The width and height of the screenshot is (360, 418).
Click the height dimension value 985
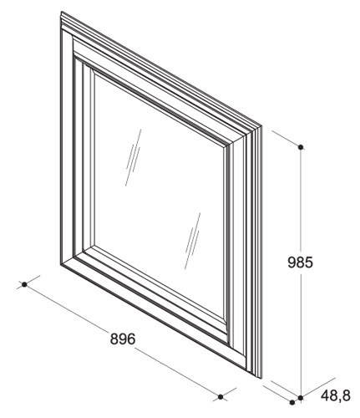point(300,263)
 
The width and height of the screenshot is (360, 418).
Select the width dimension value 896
point(123,339)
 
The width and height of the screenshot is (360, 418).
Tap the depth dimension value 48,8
point(335,395)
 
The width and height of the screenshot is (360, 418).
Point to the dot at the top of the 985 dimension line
point(301,146)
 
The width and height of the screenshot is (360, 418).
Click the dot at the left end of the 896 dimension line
point(24,284)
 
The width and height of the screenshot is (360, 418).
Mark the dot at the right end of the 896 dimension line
point(221,396)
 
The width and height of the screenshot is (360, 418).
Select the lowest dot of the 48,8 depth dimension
point(292,402)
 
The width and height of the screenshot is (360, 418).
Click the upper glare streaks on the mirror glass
point(134,157)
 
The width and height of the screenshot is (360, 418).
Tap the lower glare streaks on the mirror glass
point(193,241)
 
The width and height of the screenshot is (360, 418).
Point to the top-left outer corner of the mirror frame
point(61,12)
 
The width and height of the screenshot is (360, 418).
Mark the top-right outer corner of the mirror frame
point(261,126)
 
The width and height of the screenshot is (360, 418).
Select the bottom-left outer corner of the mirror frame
point(61,263)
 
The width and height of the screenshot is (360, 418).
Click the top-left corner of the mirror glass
point(94,74)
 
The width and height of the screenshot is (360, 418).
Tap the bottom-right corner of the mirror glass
point(223,320)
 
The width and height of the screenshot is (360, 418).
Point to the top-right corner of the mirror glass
point(223,148)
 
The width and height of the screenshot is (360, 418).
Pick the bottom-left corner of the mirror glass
point(94,246)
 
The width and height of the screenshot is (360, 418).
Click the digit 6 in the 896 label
point(131,339)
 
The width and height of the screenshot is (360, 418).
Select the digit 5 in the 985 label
point(309,263)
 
